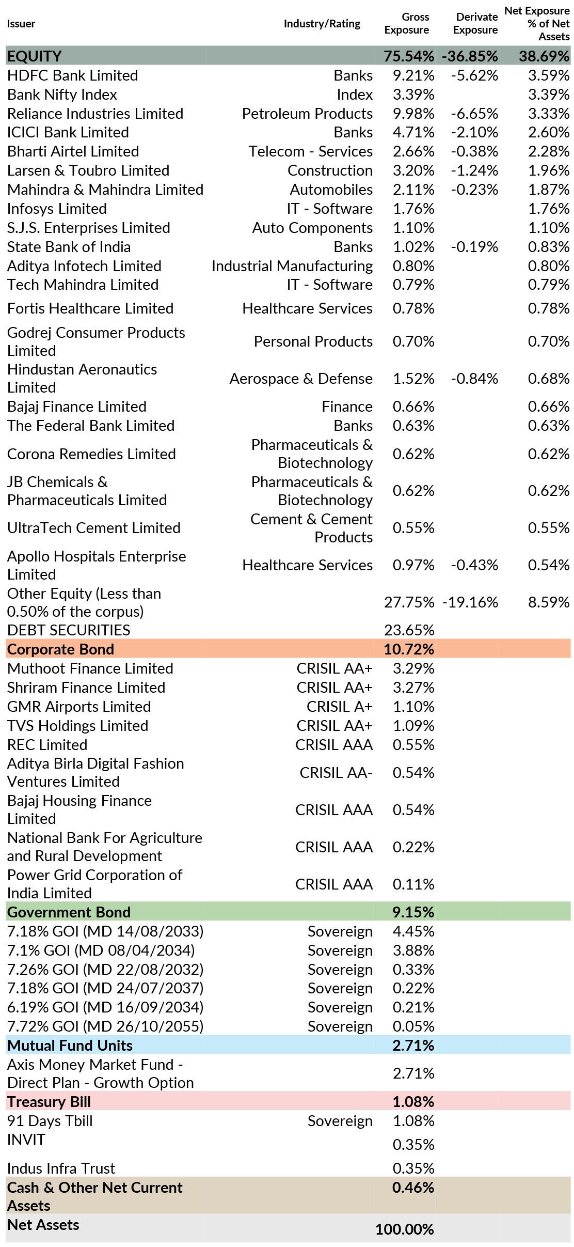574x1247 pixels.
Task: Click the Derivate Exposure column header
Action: tap(475, 23)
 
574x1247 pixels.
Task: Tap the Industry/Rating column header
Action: tap(322, 24)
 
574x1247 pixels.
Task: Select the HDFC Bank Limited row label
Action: tap(72, 75)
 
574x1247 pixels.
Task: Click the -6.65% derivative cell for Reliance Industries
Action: tap(474, 114)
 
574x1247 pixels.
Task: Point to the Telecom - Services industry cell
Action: tap(310, 151)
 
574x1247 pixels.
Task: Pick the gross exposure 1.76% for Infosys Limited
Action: tap(413, 209)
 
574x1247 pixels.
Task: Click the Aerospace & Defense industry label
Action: tap(301, 379)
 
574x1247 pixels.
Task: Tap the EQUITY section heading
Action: tap(35, 56)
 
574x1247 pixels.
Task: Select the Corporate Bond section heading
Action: tap(60, 649)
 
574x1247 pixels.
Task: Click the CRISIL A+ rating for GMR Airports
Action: tap(339, 707)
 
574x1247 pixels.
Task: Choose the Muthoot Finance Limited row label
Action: tap(90, 668)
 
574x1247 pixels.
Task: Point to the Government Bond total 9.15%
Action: tap(413, 912)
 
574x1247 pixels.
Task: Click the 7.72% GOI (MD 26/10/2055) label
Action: tap(105, 1026)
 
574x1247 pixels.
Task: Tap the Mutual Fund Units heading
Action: tap(70, 1046)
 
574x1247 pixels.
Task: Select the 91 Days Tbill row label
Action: tap(50, 1121)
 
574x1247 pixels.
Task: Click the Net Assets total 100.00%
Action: tap(404, 1229)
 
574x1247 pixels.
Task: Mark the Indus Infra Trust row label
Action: tap(61, 1168)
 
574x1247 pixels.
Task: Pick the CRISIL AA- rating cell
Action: tap(336, 773)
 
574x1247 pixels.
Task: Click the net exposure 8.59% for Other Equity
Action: tap(548, 602)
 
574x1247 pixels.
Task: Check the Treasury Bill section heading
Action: tap(49, 1102)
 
